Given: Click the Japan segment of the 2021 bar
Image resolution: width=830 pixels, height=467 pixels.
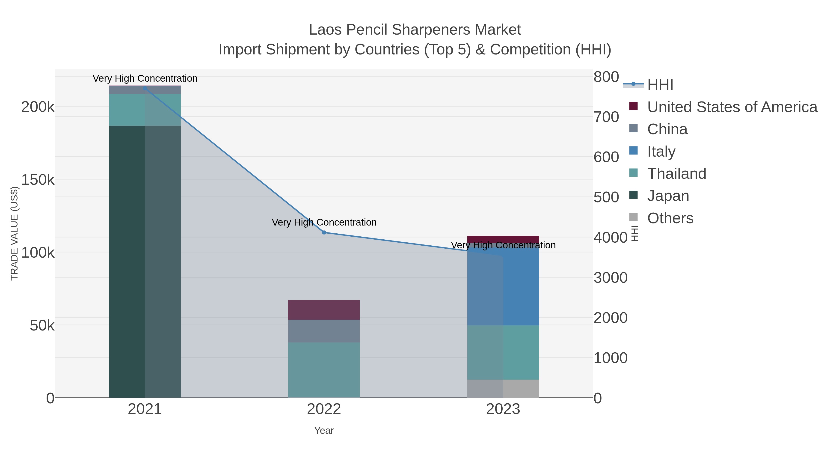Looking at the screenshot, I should (145, 261).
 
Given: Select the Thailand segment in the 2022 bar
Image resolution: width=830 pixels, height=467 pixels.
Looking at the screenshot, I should (324, 370).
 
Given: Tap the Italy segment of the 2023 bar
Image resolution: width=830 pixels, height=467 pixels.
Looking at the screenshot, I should (503, 287).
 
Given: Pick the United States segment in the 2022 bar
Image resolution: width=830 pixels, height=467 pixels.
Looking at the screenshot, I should (324, 309).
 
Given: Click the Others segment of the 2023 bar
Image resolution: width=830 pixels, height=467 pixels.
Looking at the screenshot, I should (503, 388).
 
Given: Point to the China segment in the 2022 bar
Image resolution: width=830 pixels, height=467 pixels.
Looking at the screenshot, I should (324, 331).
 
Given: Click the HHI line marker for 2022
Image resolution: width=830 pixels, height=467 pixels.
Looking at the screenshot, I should (324, 232).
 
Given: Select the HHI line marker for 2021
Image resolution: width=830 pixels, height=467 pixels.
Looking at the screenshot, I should (145, 88).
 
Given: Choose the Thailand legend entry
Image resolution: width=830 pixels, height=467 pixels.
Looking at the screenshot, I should (677, 173).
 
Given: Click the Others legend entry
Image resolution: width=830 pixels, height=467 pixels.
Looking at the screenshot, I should (670, 218).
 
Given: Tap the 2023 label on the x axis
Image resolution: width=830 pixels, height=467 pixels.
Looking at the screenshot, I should (503, 409).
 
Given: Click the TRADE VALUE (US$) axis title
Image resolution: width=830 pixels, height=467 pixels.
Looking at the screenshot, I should (15, 233).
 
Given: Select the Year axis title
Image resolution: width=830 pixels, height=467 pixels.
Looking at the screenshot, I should (324, 430).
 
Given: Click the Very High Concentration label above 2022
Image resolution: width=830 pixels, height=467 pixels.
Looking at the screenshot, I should (324, 222).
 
